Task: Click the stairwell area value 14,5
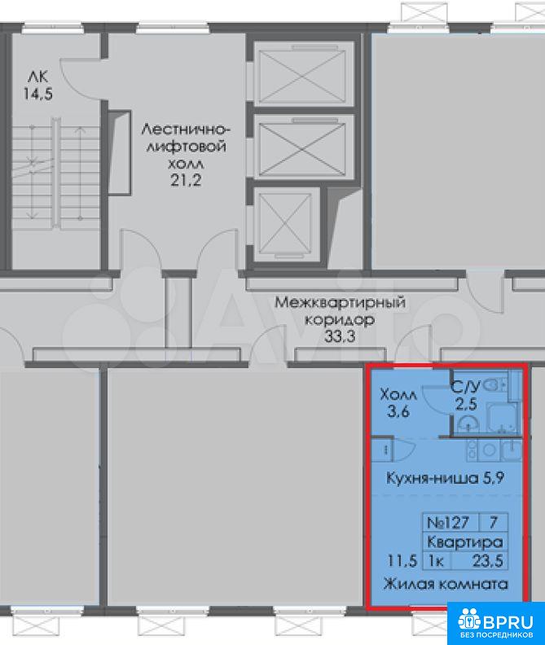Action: coord(37,94)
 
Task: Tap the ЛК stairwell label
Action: coord(37,77)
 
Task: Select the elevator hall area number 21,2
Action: coord(186,180)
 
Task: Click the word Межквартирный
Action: coord(340,303)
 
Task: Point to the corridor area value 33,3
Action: coord(340,336)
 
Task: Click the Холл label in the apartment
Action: coord(398,395)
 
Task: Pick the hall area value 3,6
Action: coord(398,411)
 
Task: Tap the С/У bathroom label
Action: coord(465,387)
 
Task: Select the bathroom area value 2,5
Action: coord(466,404)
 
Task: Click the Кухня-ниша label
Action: coord(433,478)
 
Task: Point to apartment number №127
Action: coord(448,522)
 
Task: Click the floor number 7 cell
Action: coord(493,522)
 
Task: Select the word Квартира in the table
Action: coord(464,542)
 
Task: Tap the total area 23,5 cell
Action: coord(487,560)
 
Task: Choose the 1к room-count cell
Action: coord(437,560)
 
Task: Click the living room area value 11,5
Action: coord(402,560)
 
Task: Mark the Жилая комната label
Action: coord(446,584)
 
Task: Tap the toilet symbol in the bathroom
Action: coord(494,385)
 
